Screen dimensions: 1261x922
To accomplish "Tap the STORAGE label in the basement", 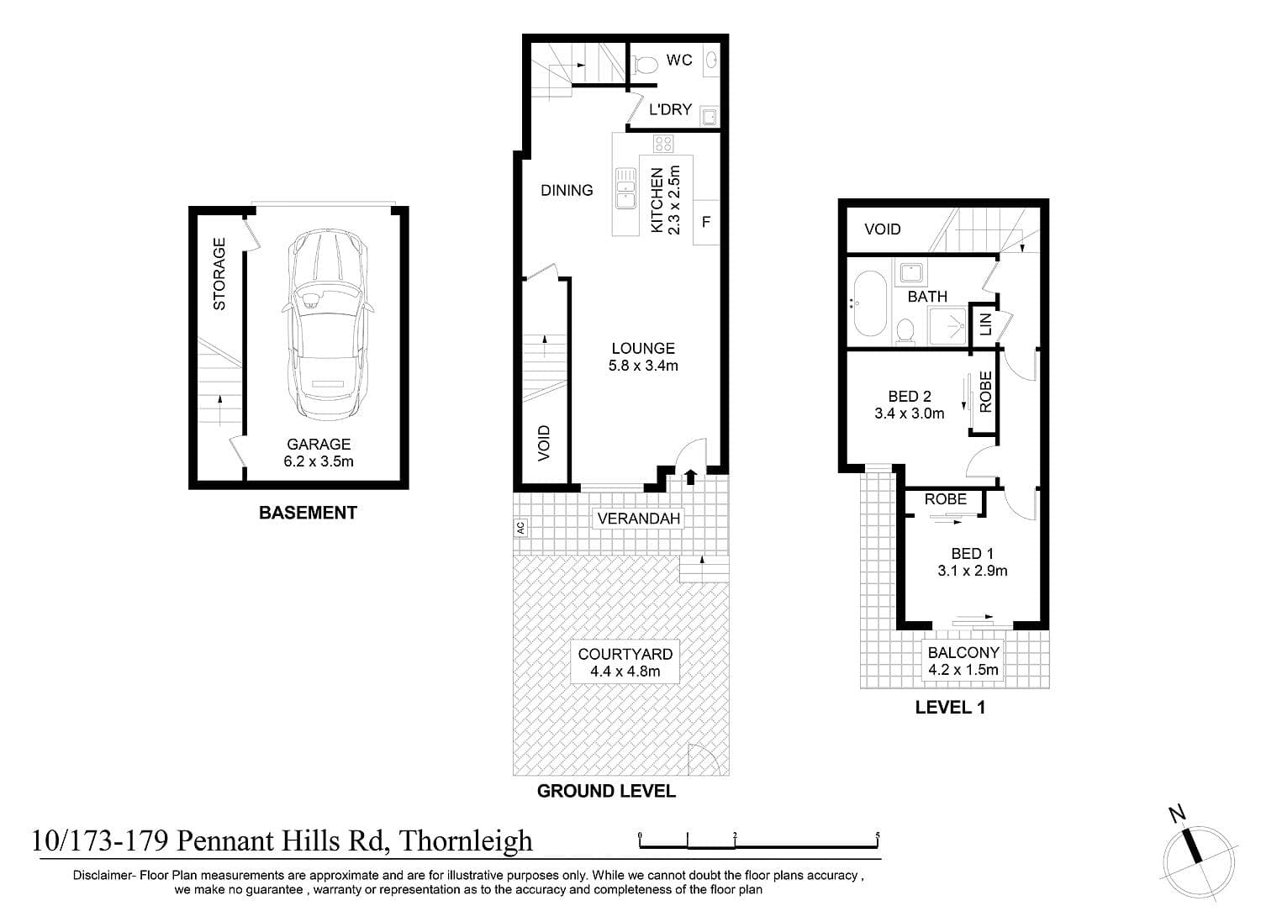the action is pos(219,273).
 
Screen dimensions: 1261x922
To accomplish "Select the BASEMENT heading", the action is pos(308,513).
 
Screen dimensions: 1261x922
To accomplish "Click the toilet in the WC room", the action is pos(645,64).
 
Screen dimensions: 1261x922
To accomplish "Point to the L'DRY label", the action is pos(670,109).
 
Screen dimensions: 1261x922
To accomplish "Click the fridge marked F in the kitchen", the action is pos(706,223).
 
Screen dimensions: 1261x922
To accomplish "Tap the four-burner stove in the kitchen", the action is pos(663,144).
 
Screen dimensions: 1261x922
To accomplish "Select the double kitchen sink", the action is pos(625,187).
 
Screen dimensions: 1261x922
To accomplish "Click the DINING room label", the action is pos(567,190).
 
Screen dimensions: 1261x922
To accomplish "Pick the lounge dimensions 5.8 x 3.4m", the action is pos(643,366).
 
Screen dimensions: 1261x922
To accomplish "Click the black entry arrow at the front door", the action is pos(691,477).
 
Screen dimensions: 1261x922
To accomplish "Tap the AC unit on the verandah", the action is pos(520,528).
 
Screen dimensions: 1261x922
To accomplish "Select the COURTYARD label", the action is pos(625,654).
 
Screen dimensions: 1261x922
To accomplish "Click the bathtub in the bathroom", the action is pos(870,304).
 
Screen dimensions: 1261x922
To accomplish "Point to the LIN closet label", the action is pos(985,324).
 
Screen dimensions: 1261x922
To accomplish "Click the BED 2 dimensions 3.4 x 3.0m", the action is pos(909,414).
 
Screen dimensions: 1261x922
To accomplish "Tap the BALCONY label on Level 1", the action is pos(963,652).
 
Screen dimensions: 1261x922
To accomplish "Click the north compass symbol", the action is pos(1198,861).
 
